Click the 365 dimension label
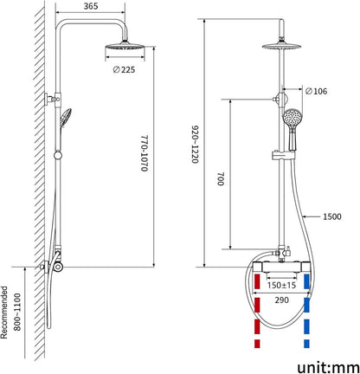pos(91,6)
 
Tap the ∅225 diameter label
pos(124,69)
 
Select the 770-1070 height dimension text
pos(145,153)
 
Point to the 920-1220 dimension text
pos(196,145)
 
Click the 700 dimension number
pos(221,179)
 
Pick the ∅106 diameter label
pos(316,91)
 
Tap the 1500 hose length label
pos(331,216)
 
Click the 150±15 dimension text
pos(281,285)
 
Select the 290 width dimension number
pos(281,300)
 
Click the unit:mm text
pos(328,367)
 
